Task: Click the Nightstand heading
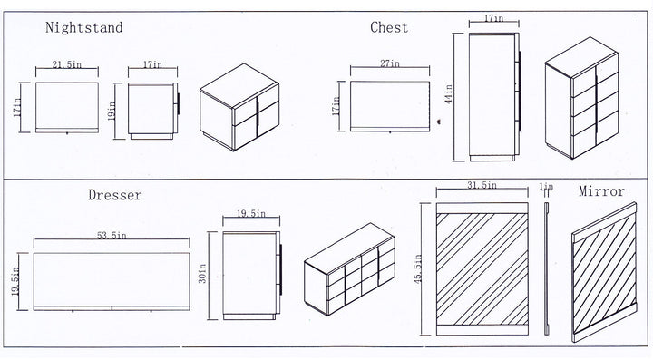[84, 28]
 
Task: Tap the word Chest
[389, 27]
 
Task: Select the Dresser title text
[115, 195]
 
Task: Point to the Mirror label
[602, 191]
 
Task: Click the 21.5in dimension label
[66, 64]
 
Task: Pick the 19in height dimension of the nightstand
[112, 112]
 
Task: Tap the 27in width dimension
[389, 63]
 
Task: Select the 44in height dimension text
[448, 94]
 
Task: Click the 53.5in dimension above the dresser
[112, 236]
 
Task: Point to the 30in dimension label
[202, 274]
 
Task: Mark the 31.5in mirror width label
[482, 185]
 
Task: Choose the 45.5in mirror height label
[418, 268]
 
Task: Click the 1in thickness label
[546, 187]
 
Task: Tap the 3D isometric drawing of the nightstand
[239, 107]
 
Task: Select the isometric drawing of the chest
[581, 98]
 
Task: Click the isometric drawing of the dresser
[349, 268]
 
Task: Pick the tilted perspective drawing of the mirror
[604, 272]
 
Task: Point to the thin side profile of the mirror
[547, 268]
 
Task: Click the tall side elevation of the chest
[494, 97]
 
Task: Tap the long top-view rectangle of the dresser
[112, 282]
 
